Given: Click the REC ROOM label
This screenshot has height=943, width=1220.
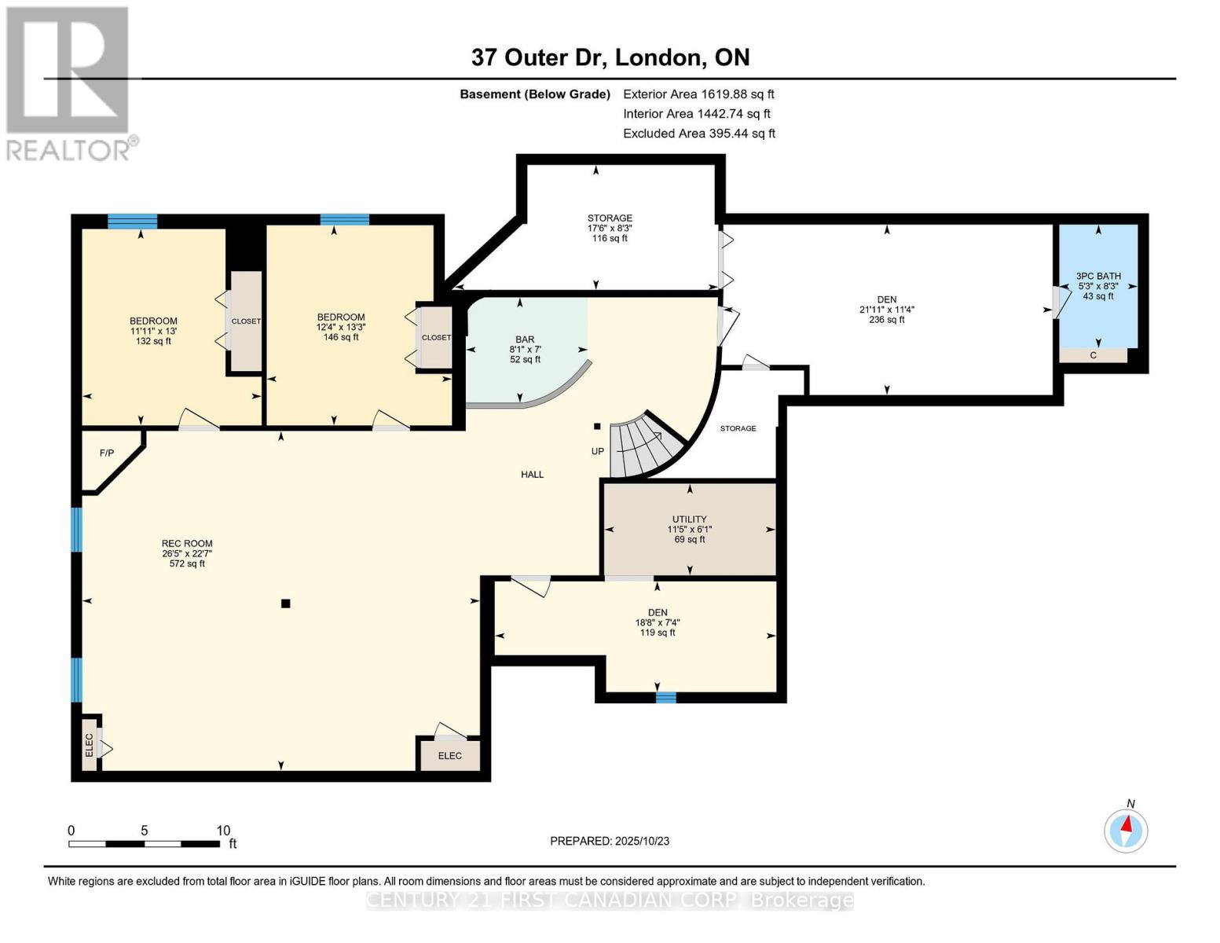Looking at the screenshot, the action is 187,544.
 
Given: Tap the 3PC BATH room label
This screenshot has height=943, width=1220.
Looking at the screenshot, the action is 1098,276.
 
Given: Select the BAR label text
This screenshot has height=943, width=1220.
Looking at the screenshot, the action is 525,339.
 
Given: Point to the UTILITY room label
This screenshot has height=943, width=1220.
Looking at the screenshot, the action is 690,519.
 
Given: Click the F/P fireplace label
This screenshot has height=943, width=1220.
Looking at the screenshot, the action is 107,453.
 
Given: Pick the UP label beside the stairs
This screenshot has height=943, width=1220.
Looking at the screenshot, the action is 597,451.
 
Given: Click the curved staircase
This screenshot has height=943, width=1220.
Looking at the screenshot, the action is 646,446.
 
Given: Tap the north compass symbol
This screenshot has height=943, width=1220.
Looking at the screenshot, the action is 1127,830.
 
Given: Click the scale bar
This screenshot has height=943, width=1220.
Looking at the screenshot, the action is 145,843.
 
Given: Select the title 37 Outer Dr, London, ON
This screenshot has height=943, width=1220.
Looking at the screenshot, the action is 610,57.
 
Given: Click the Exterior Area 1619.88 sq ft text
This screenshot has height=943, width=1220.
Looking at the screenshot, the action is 698,94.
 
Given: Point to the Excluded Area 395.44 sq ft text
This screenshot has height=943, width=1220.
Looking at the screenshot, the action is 699,134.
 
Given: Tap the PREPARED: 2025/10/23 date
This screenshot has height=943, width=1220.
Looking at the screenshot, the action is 610,841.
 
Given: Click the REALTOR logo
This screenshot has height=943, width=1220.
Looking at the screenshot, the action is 70,84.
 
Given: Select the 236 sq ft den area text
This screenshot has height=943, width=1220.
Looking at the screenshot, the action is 886,320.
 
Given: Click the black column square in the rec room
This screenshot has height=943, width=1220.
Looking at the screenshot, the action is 286,604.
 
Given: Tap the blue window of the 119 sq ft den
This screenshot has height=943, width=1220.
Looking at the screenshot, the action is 666,698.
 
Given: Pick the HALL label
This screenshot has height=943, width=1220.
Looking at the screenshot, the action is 533,475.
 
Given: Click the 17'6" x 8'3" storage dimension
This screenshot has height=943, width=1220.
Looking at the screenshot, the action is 610,228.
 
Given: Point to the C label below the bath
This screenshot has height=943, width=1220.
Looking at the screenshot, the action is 1093,355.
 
